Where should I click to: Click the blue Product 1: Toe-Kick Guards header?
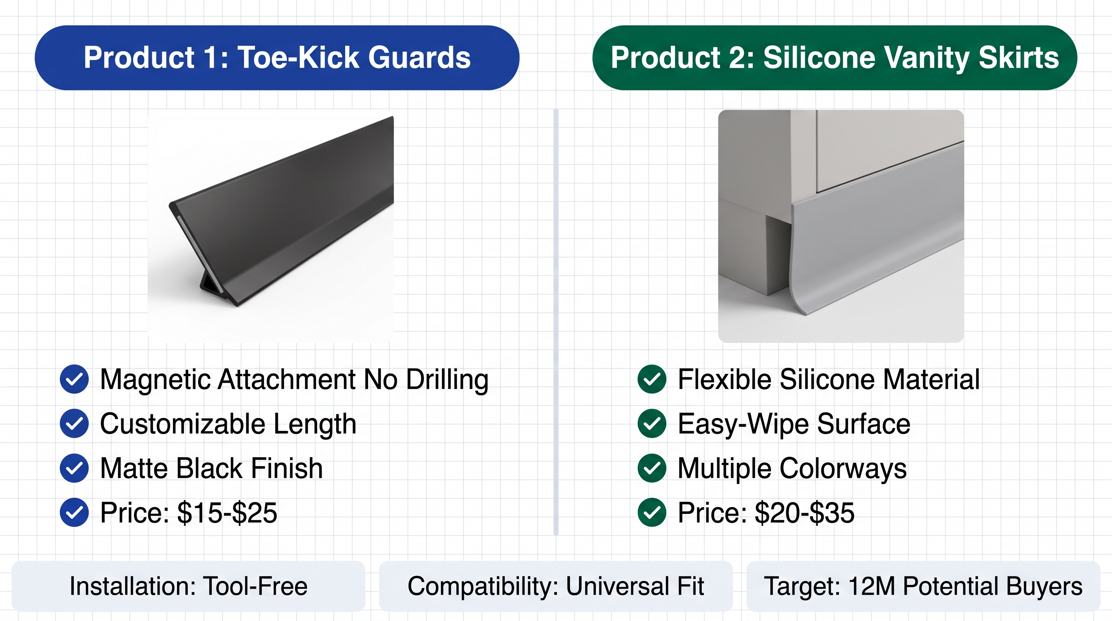tap(277, 57)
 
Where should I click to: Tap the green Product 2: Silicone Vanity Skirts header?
tap(834, 57)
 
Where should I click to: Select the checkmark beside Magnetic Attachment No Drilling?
tap(74, 379)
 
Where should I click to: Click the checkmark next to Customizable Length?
tap(74, 424)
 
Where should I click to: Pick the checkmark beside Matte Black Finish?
tap(74, 468)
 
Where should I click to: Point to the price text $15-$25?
tap(227, 513)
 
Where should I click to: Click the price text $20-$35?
tap(805, 513)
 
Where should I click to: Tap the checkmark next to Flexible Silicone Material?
tap(652, 379)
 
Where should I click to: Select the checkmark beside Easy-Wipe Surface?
tap(652, 424)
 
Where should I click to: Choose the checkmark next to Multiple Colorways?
tap(652, 468)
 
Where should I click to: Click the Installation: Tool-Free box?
tap(189, 586)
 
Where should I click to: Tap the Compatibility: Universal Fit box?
tap(556, 586)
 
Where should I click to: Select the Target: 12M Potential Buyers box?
tap(923, 586)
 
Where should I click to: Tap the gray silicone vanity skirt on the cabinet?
tap(876, 229)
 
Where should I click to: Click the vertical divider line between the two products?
tap(556, 322)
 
